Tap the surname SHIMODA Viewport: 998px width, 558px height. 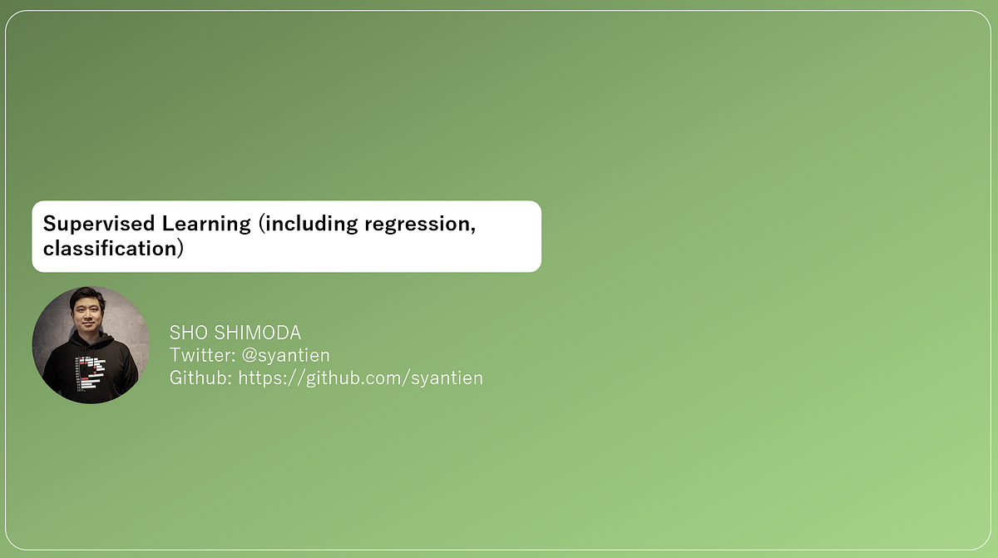click(257, 333)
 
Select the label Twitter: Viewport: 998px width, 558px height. click(200, 355)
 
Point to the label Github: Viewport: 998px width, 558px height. click(201, 378)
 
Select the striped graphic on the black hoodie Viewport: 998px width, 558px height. click(91, 371)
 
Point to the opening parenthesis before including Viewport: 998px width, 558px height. click(261, 223)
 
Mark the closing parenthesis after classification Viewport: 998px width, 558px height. click(179, 248)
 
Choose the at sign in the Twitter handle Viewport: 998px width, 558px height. click(249, 355)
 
